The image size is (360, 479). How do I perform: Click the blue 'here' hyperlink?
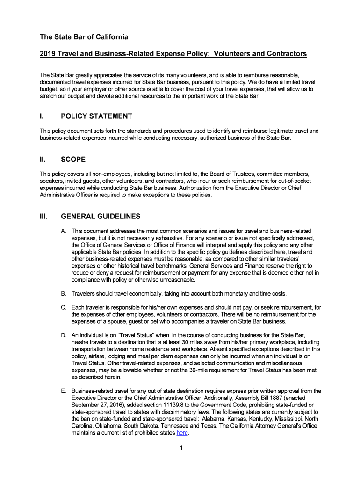(x=181, y=433)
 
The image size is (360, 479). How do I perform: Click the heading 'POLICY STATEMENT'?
(x=97, y=116)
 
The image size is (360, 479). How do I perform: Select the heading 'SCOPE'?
(x=73, y=160)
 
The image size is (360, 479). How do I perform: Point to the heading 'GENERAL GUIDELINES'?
(x=101, y=217)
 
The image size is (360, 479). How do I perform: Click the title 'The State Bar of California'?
(x=84, y=36)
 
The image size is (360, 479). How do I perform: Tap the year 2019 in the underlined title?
(x=48, y=54)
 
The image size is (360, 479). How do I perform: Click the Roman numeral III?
(x=43, y=217)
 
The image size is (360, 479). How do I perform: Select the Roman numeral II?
(x=43, y=160)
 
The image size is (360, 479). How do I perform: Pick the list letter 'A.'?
(x=64, y=231)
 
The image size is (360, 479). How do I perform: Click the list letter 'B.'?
(x=64, y=293)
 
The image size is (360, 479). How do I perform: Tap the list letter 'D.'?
(x=64, y=335)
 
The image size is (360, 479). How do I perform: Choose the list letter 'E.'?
(x=64, y=391)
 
